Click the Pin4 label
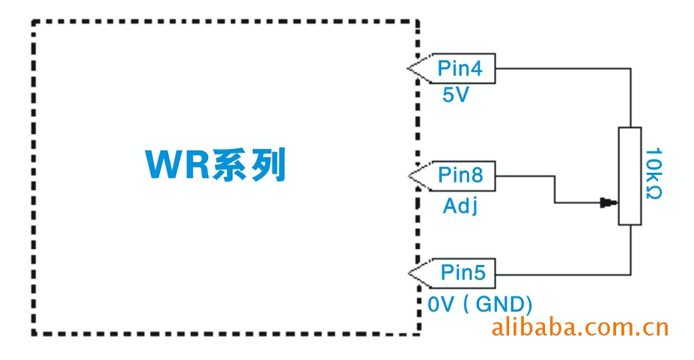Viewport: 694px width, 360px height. point(460,68)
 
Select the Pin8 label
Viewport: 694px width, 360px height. point(460,175)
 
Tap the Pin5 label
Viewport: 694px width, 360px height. point(464,273)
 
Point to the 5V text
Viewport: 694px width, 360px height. point(455,96)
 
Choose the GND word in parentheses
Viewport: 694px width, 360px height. point(500,304)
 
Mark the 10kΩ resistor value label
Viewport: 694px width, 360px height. point(653,174)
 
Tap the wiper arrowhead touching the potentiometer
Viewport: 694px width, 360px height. point(608,202)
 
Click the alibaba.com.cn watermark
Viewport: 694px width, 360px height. point(579,328)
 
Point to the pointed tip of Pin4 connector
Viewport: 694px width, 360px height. point(409,68)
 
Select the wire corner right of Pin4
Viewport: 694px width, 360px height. point(630,68)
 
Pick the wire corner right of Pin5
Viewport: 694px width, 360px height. point(630,275)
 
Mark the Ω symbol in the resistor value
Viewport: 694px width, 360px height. point(653,193)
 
